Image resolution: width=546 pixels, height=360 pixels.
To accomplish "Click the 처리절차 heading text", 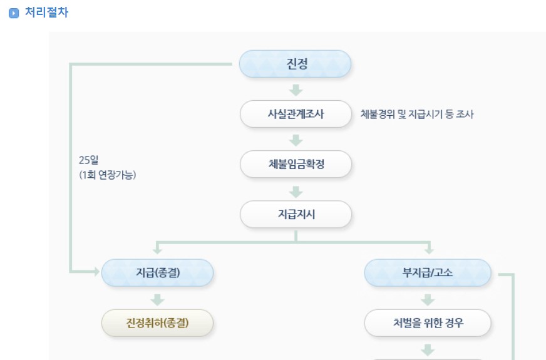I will pyautogui.click(x=46, y=13).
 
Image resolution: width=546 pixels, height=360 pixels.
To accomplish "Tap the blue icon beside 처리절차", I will pyautogui.click(x=14, y=13).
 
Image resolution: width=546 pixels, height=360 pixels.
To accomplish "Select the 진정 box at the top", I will pyautogui.click(x=296, y=64).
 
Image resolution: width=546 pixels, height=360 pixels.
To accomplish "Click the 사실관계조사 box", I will pyautogui.click(x=296, y=114).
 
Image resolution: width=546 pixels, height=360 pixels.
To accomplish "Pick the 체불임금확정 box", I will pyautogui.click(x=296, y=164).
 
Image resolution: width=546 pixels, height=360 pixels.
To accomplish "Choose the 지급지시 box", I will pyautogui.click(x=296, y=214).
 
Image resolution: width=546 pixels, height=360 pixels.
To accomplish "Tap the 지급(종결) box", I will pyautogui.click(x=157, y=272).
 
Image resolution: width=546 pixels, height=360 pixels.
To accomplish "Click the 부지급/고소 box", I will pyautogui.click(x=428, y=272).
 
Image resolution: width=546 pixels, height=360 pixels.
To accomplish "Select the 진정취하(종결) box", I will pyautogui.click(x=157, y=323).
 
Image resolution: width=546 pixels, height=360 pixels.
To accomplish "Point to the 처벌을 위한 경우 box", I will pyautogui.click(x=428, y=323).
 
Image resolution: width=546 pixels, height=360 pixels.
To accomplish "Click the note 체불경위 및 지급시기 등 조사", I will pyautogui.click(x=413, y=115).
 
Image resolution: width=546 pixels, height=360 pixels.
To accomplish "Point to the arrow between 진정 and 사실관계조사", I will pyautogui.click(x=296, y=90).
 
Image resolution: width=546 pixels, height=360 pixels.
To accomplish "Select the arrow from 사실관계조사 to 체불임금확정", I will pyautogui.click(x=296, y=140).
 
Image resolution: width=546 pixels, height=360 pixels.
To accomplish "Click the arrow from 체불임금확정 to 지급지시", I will pyautogui.click(x=296, y=190).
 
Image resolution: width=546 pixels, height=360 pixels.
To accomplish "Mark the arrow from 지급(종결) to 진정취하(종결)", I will pyautogui.click(x=157, y=299).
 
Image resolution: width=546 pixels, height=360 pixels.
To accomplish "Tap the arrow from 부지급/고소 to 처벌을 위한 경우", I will pyautogui.click(x=428, y=299).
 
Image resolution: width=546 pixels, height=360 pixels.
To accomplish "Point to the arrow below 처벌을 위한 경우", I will pyautogui.click(x=428, y=349).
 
